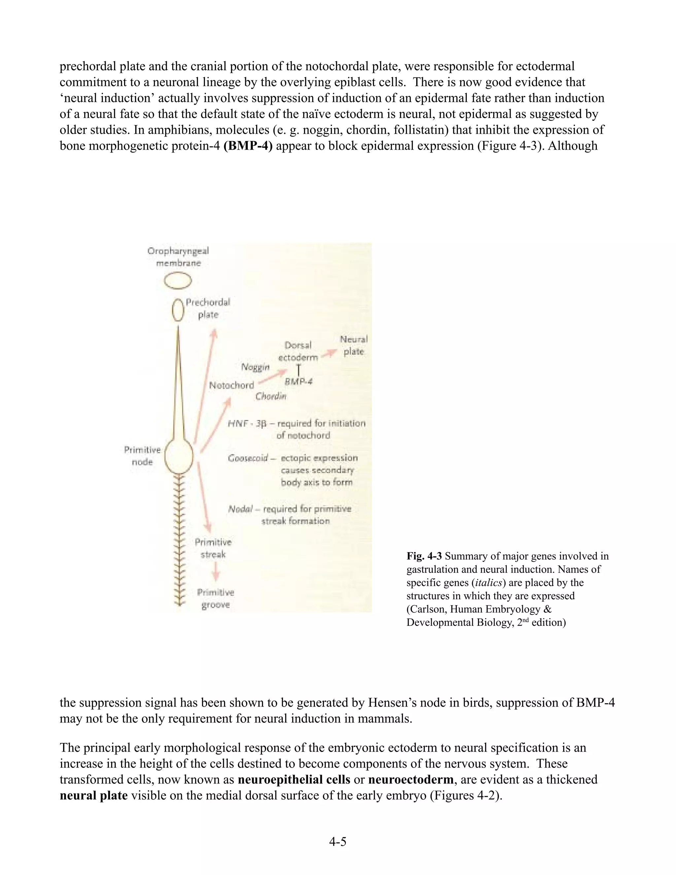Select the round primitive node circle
(x=179, y=456)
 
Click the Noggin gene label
(x=255, y=367)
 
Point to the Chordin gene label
(x=271, y=396)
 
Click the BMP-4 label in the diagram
(x=298, y=382)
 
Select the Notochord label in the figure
(x=231, y=385)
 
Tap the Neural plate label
(x=354, y=345)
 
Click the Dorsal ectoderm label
(x=298, y=351)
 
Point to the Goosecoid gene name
(x=248, y=458)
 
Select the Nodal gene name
(x=241, y=509)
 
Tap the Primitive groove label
(x=216, y=599)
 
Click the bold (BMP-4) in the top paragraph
(x=248, y=146)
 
